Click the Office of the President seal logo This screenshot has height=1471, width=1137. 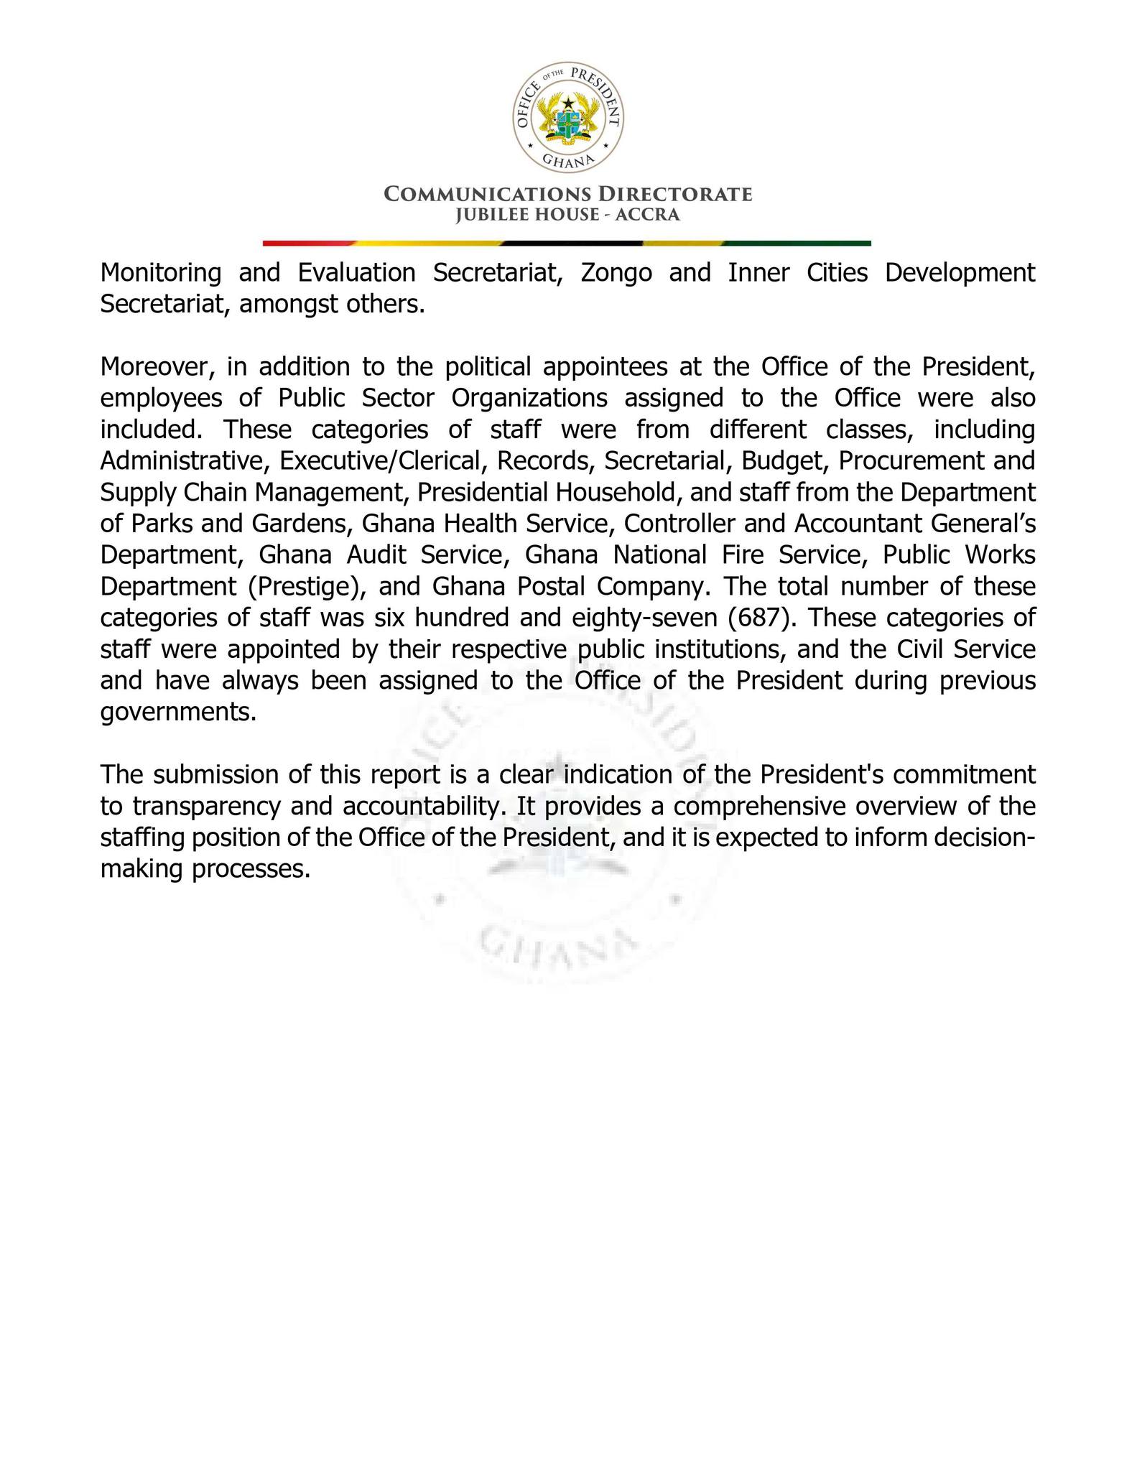(567, 117)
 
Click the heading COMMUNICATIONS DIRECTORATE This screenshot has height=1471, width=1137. (567, 194)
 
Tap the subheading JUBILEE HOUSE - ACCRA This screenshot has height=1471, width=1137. (567, 215)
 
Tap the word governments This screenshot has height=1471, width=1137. (178, 713)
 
